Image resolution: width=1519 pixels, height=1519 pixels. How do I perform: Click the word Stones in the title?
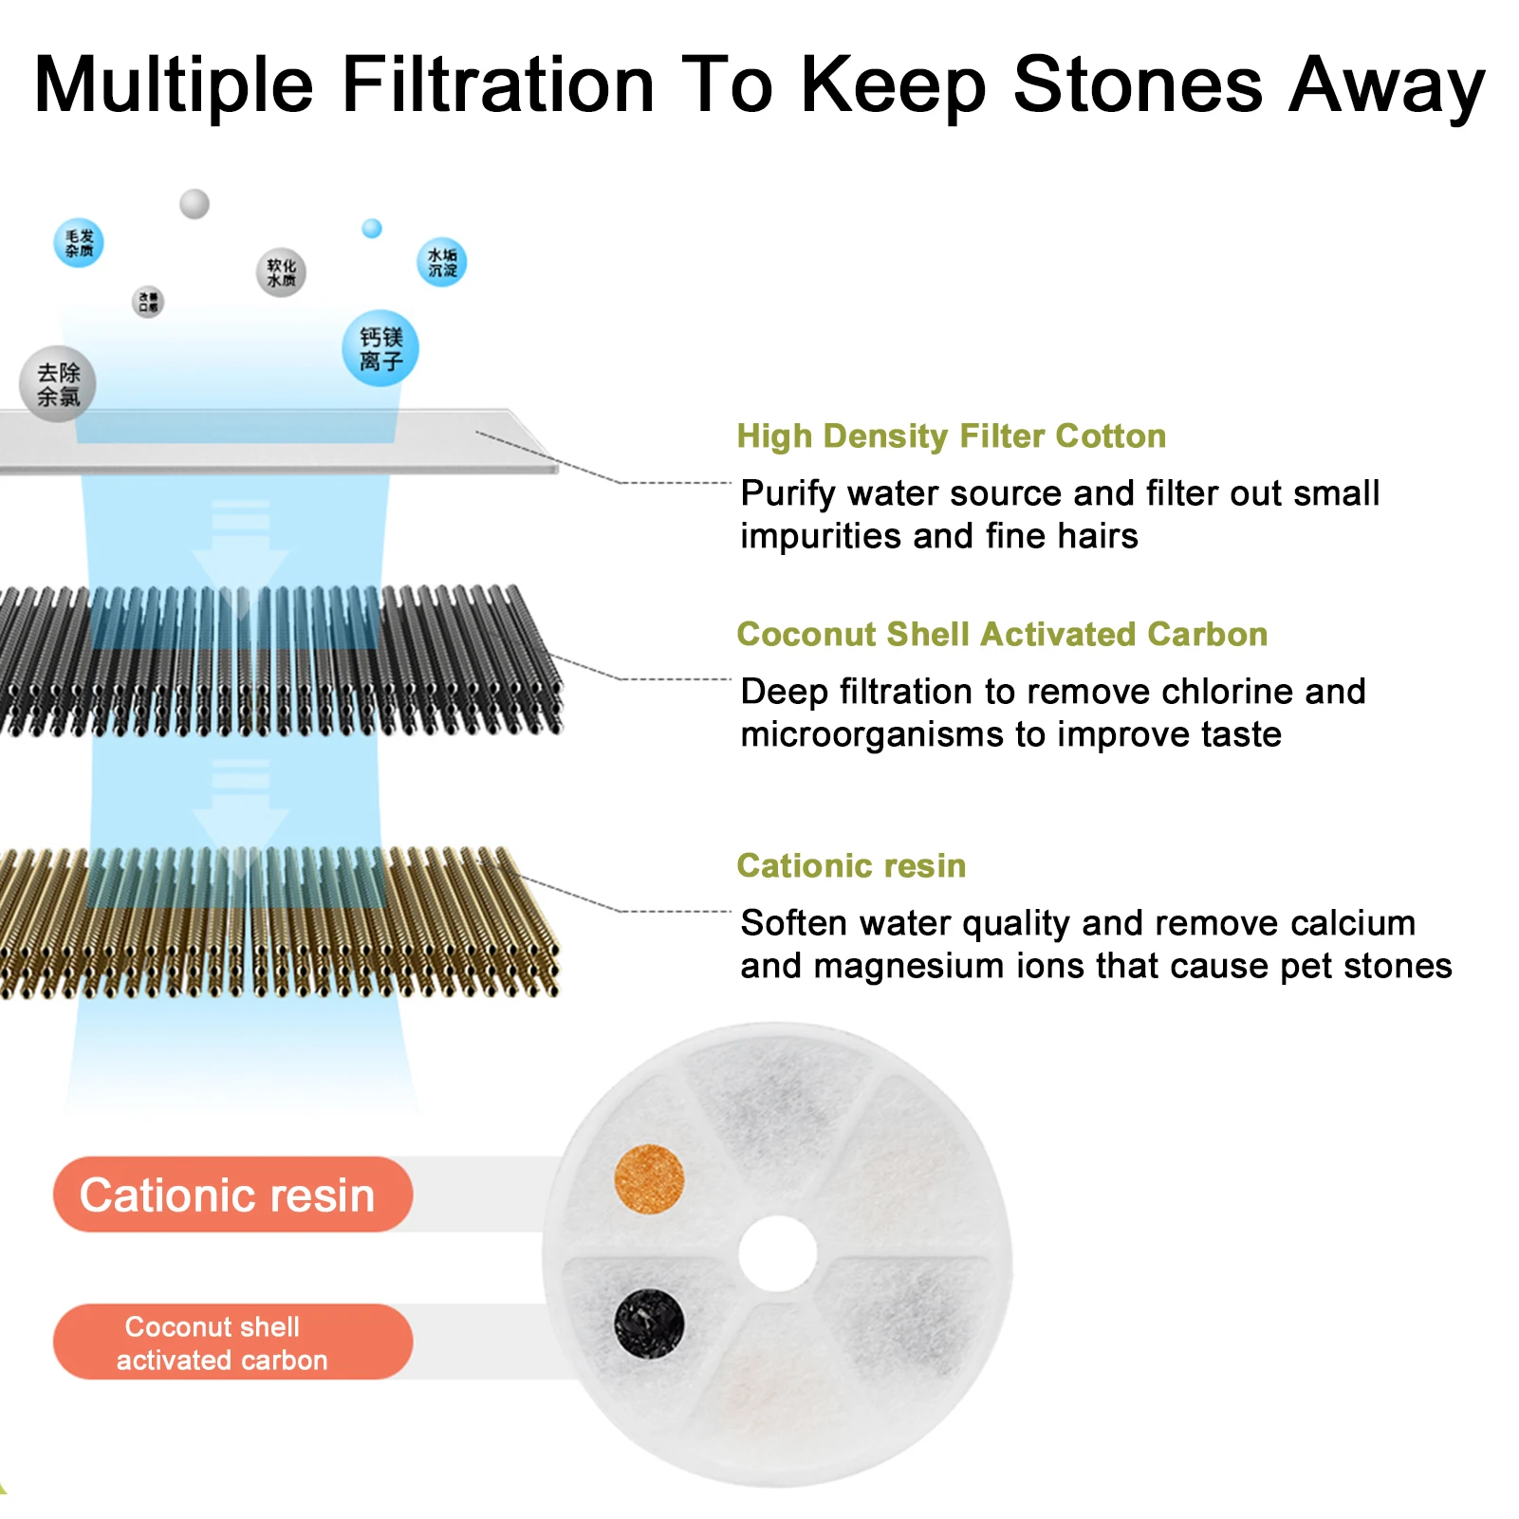click(1138, 85)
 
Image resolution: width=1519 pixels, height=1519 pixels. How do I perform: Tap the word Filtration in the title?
click(498, 85)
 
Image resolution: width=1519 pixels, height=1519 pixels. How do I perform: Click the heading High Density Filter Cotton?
click(951, 435)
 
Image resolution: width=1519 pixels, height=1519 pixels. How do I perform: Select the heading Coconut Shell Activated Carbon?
click(1002, 634)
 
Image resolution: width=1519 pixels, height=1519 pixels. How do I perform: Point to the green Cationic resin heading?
click(851, 865)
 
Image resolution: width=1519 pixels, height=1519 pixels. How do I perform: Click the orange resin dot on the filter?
click(649, 1179)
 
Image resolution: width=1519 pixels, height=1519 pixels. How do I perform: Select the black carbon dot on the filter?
click(649, 1323)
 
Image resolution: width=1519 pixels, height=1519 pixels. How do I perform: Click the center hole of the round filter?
click(777, 1253)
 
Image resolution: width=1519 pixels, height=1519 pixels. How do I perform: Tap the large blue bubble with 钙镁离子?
click(380, 349)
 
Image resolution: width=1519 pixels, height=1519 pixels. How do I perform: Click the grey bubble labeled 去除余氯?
click(58, 384)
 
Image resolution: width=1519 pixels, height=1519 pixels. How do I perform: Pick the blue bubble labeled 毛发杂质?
click(79, 243)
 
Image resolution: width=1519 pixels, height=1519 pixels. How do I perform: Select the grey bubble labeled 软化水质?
click(281, 272)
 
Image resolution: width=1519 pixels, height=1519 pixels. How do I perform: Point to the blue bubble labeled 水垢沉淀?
click(442, 263)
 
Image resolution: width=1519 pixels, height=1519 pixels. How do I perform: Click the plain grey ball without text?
click(195, 203)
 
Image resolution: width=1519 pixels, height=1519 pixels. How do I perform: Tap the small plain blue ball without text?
click(373, 229)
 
